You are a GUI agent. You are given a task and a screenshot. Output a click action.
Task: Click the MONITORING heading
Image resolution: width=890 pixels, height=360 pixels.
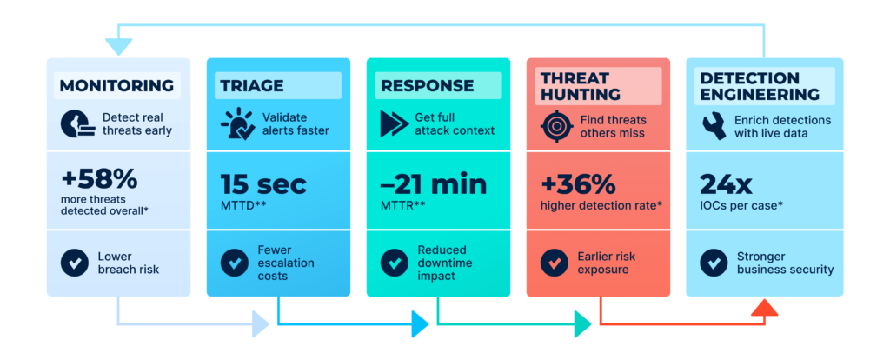[116, 85]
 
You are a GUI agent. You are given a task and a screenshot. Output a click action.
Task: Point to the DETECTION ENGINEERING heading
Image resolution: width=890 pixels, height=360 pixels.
[760, 85]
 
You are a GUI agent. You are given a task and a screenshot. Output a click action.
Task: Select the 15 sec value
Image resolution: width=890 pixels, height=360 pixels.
[263, 184]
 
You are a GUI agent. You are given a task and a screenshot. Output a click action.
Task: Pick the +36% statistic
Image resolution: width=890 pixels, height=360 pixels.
[578, 184]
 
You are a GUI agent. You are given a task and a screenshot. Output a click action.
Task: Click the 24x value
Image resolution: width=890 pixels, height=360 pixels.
[727, 184]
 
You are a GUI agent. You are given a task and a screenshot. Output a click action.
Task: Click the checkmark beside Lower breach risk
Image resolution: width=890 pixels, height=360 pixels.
[74, 262]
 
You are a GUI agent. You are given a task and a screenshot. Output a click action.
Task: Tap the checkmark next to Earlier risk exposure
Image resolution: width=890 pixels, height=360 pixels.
[555, 262]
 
